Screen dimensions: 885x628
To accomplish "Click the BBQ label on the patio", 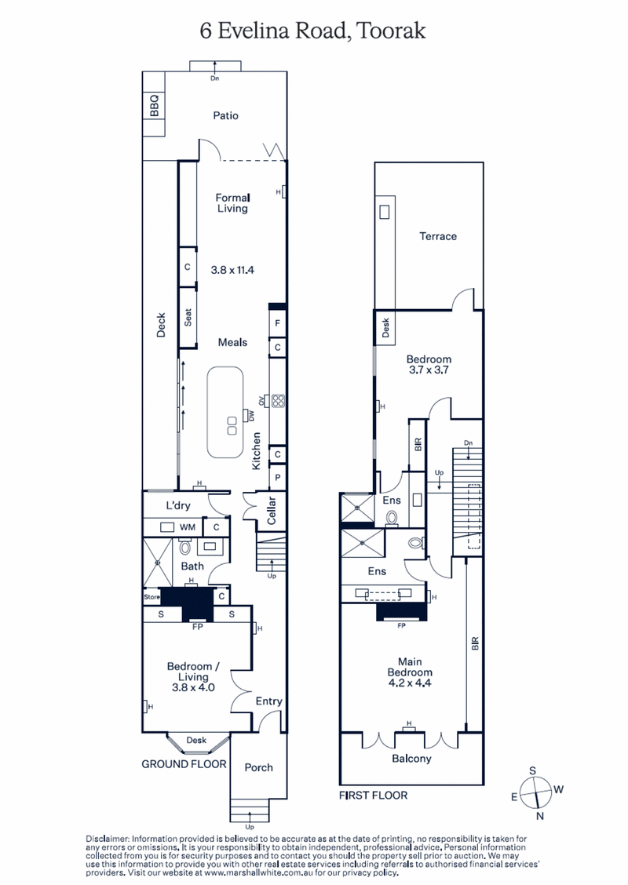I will point(154,105).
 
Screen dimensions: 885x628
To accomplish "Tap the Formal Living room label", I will point(232,203).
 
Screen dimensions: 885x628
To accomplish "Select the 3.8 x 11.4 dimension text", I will point(233,269).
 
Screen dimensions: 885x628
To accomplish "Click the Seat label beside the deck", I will point(188,318).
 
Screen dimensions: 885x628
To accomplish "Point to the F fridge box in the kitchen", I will point(278,323).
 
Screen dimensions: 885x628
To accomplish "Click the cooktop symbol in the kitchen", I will point(277,401).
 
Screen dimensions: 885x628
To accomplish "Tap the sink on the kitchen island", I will point(232,426).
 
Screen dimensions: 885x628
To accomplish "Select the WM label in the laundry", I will point(187,528).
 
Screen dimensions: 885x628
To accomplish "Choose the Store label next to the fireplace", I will point(151,598).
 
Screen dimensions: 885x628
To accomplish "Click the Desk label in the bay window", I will point(195,740).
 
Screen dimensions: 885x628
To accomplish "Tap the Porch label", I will point(259,767).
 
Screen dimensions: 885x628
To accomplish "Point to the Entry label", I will point(269,701).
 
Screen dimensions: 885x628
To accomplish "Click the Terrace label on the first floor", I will point(437,236).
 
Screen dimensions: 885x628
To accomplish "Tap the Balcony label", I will point(411,759).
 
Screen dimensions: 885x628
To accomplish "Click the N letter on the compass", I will point(539,817).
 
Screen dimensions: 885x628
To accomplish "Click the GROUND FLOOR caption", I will point(184,763).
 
